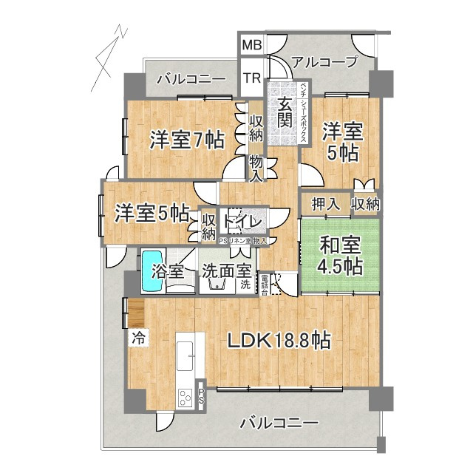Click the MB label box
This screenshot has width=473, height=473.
pyautogui.click(x=252, y=46)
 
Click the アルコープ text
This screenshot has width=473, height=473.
pyautogui.click(x=325, y=63)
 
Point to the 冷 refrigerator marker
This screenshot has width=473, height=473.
pyautogui.click(x=138, y=339)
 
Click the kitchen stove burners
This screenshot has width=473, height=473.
pyautogui.click(x=184, y=399)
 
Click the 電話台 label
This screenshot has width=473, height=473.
pyautogui.click(x=264, y=283)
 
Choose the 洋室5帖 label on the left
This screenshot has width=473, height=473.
pyautogui.click(x=151, y=214)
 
